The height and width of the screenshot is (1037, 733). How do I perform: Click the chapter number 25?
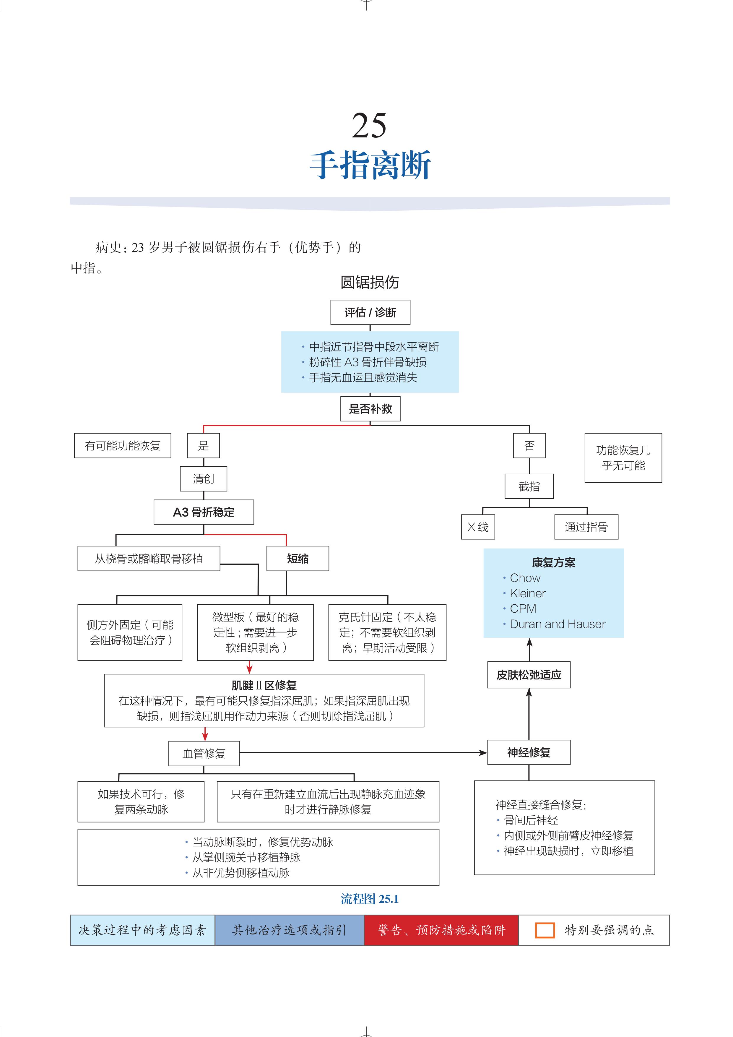pyautogui.click(x=369, y=126)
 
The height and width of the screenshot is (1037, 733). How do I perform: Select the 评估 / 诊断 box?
pyautogui.click(x=370, y=312)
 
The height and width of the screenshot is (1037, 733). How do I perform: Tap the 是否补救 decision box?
pyautogui.click(x=370, y=409)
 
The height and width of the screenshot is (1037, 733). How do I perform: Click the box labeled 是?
pyautogui.click(x=203, y=446)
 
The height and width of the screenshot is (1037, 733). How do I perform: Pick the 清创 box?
pyautogui.click(x=203, y=479)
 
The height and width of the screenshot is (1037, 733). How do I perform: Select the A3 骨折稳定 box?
pyautogui.click(x=203, y=512)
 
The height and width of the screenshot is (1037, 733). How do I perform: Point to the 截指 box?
pyautogui.click(x=529, y=486)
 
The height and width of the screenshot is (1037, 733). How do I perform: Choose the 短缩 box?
pyautogui.click(x=298, y=559)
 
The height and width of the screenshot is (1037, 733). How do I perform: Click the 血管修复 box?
pyautogui.click(x=204, y=753)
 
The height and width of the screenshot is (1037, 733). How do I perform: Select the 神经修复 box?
pyautogui.click(x=529, y=752)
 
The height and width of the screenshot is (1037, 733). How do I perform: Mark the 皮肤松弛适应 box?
pyautogui.click(x=529, y=675)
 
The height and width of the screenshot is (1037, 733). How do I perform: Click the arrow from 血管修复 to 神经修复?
pyautogui.click(x=361, y=753)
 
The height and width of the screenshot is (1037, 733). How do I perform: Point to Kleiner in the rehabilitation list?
pyautogui.click(x=527, y=593)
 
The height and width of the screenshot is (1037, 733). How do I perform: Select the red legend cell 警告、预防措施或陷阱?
pyautogui.click(x=441, y=930)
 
